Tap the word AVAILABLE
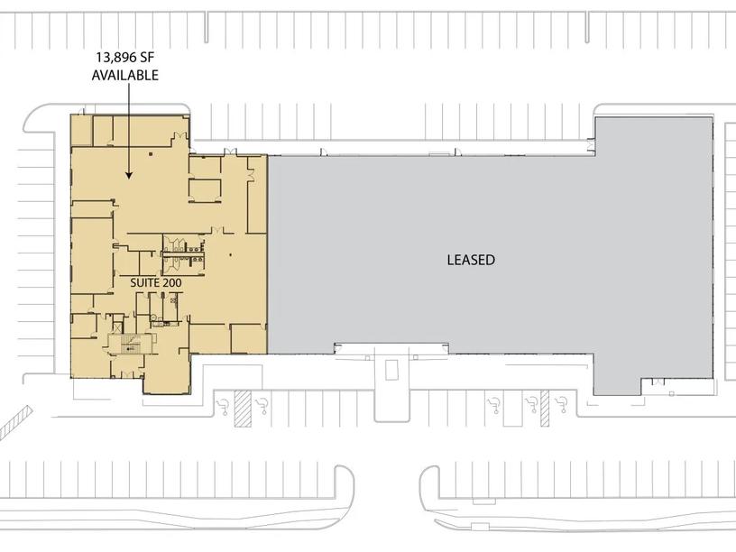click(x=124, y=75)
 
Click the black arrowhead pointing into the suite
click(x=129, y=175)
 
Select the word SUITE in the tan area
click(x=144, y=283)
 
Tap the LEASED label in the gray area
click(x=471, y=260)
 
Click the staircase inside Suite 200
click(x=131, y=345)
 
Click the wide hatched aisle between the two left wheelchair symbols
click(x=244, y=409)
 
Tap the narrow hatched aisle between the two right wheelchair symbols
click(x=545, y=409)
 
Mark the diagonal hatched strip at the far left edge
click(x=15, y=422)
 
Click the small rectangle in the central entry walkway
click(x=392, y=370)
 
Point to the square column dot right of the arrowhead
click(x=151, y=153)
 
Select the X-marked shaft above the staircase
click(x=117, y=328)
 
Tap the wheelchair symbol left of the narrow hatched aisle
click(x=532, y=405)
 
